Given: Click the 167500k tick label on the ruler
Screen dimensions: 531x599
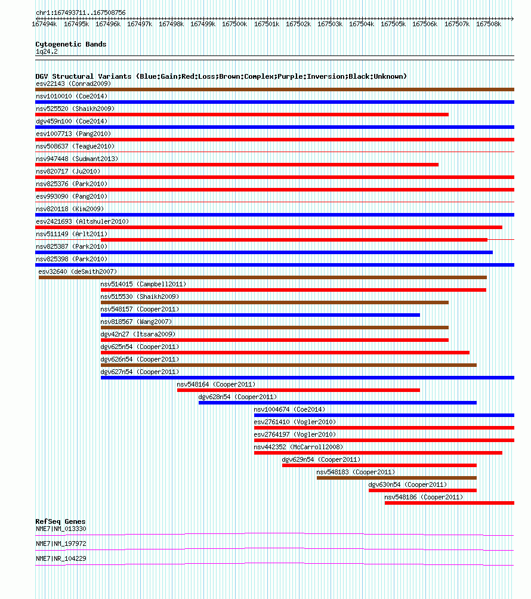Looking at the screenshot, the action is click(234, 24).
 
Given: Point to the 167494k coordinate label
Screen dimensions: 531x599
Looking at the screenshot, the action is click(44, 24).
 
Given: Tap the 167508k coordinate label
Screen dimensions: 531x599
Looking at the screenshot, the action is click(489, 24).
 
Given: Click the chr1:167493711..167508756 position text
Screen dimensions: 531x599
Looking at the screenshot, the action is click(81, 13).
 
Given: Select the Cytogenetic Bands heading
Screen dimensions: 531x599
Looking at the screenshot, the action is click(70, 44).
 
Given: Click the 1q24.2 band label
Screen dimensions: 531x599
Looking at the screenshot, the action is click(47, 51).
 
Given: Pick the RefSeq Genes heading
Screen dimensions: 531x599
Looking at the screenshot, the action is click(60, 521).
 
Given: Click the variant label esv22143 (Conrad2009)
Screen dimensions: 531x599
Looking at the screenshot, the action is click(73, 84).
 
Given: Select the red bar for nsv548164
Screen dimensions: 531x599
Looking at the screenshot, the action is click(298, 390).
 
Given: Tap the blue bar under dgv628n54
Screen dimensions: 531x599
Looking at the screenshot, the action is click(338, 403).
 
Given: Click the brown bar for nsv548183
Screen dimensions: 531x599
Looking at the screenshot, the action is click(397, 478).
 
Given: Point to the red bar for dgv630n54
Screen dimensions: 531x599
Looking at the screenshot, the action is click(422, 490).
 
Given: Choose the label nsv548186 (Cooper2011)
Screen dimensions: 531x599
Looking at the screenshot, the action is click(424, 497).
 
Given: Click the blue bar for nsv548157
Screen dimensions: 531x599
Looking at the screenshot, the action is click(260, 315).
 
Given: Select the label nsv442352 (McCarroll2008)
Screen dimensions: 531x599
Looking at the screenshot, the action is click(298, 447).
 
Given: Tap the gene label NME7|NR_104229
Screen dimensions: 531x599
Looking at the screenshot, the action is click(61, 558).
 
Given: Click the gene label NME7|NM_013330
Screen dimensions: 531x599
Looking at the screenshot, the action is click(61, 529).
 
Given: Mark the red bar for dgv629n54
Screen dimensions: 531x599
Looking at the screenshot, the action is click(379, 465).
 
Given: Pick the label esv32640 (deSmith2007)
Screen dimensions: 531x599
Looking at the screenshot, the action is click(78, 271).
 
